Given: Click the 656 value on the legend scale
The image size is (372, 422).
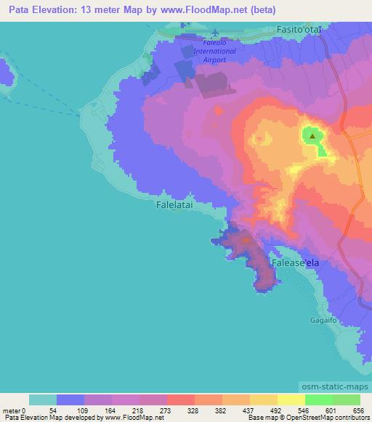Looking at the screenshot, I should click(357, 411).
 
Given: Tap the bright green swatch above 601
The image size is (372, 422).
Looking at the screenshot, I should click(318, 400).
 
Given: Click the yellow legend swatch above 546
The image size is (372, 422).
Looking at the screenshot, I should click(291, 400).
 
